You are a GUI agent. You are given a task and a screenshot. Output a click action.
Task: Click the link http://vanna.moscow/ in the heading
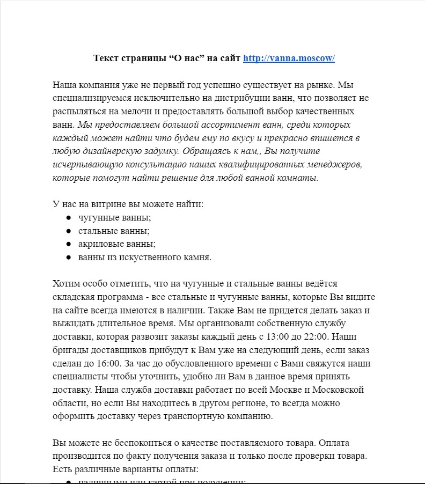point(289,58)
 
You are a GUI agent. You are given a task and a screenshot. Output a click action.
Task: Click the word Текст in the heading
point(105,58)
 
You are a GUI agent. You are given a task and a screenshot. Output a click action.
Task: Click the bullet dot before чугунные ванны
point(69,218)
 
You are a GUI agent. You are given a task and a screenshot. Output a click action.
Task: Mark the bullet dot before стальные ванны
point(69,231)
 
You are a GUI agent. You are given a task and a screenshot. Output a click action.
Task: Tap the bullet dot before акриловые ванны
point(69,244)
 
